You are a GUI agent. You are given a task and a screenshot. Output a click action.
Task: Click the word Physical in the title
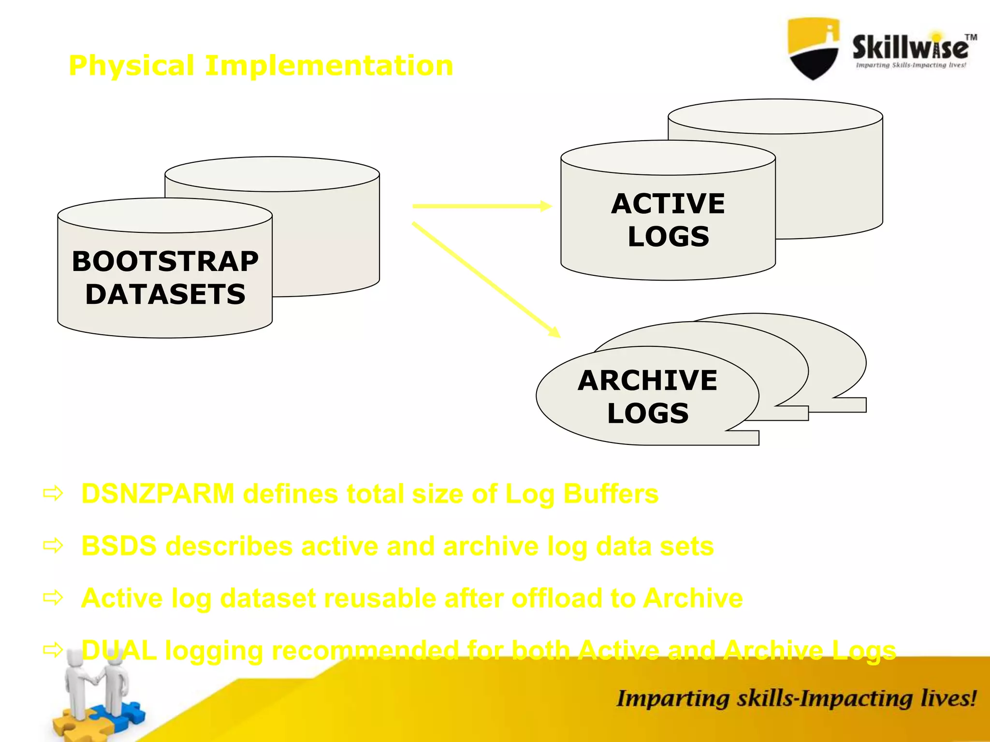point(131,66)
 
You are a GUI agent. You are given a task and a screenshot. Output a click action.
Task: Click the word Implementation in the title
point(329,66)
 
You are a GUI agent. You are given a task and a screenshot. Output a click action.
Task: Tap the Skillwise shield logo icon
point(813,48)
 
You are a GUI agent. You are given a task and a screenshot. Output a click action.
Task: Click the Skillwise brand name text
point(910,47)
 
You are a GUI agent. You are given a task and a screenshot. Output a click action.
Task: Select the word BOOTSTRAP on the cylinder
point(165,262)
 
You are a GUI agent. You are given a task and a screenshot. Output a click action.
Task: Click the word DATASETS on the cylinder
point(165,295)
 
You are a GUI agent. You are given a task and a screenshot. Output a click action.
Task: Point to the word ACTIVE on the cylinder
point(668,204)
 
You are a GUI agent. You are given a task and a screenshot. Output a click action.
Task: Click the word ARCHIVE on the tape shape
point(647,381)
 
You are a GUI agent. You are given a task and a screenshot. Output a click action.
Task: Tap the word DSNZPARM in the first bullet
point(158,494)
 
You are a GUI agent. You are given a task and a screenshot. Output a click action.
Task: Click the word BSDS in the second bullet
point(119,546)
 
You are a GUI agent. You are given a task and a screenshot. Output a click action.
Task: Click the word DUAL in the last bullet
point(119,650)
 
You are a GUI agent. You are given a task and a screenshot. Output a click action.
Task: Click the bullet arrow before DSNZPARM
point(53,494)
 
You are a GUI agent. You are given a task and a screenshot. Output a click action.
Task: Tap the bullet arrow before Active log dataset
point(53,598)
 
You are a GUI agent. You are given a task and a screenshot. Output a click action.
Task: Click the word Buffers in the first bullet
point(611,494)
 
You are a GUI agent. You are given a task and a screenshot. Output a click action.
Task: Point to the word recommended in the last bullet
point(365,650)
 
